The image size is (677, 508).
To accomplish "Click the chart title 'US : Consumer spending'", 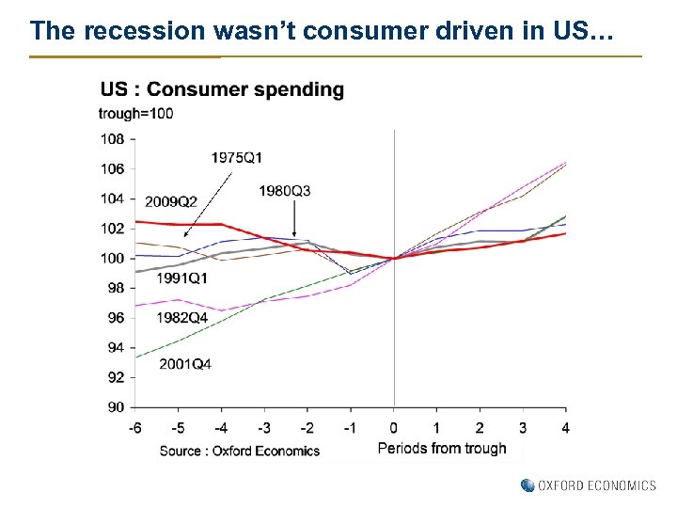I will point(222,90).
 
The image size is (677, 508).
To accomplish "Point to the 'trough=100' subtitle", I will point(135,114).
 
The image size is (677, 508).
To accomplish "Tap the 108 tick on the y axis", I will point(112,139).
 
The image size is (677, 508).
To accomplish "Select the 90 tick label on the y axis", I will point(115,407).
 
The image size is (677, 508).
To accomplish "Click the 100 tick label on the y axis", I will point(112,259).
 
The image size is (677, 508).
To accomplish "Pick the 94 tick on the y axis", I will point(115,348).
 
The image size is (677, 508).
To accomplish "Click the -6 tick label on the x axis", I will point(134,428).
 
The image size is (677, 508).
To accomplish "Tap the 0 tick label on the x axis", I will point(394,428).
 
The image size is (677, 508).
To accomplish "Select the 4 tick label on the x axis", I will point(566,428).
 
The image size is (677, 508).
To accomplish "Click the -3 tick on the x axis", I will point(264,428).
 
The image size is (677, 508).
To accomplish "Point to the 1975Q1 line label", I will point(237,157).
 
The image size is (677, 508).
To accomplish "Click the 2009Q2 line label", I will point(171,201).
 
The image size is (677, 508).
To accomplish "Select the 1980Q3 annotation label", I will point(285,192).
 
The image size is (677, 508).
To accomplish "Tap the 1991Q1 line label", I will point(181,278).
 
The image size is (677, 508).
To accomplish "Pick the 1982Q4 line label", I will point(181,318).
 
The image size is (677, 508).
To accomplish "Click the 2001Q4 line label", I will point(184,364).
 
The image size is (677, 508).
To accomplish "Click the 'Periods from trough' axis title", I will point(442,449).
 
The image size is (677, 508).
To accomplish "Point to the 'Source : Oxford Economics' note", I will point(240,451).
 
